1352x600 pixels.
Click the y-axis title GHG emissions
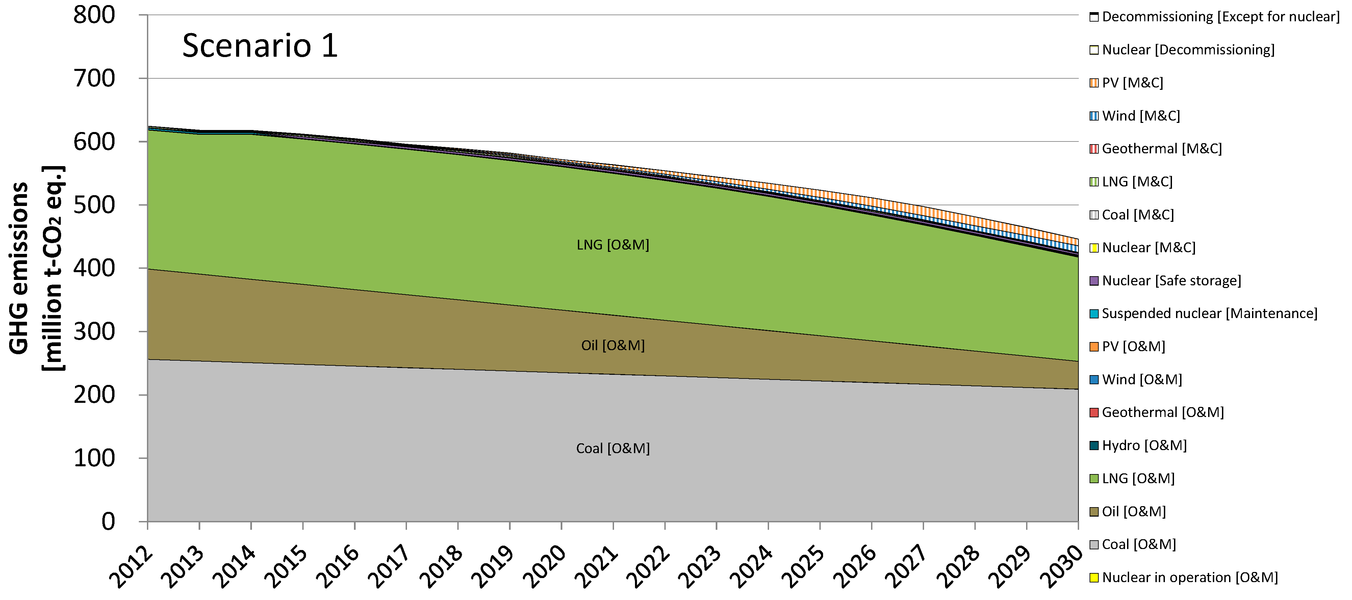(19, 268)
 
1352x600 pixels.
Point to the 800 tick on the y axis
(95, 15)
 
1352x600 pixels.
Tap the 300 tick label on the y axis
(95, 332)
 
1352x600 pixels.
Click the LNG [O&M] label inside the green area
(612, 245)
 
